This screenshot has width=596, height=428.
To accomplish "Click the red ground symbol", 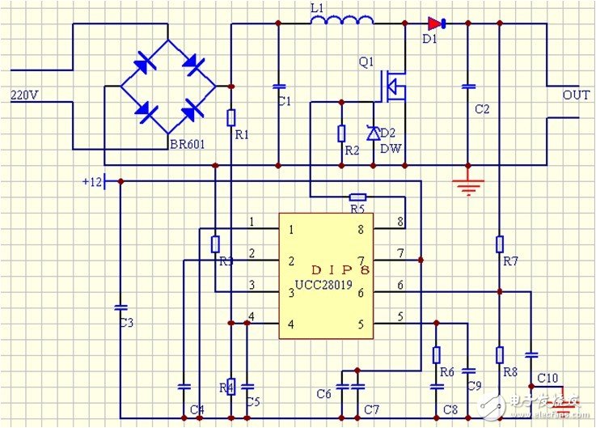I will coord(467,185).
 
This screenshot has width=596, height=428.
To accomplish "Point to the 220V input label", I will coord(24,95).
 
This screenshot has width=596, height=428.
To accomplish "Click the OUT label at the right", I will coord(576,95).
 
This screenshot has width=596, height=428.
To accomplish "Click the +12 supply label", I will coord(92,181).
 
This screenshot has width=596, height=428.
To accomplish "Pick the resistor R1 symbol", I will coord(231,118).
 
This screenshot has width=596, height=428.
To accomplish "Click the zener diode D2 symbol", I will coord(373,133).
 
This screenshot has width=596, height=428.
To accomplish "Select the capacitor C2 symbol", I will coord(467,87).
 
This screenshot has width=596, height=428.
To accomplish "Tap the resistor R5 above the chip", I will coord(357,197).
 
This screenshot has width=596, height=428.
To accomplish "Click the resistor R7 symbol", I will coord(500,244).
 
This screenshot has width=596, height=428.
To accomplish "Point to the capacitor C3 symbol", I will coord(120,307).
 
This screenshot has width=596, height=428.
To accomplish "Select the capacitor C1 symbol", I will coord(279,86).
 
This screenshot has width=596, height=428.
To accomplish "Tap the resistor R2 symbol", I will coord(341,133).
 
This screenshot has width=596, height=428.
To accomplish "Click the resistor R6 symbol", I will coord(437,354).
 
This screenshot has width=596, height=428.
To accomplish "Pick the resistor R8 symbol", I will coord(500,354).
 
